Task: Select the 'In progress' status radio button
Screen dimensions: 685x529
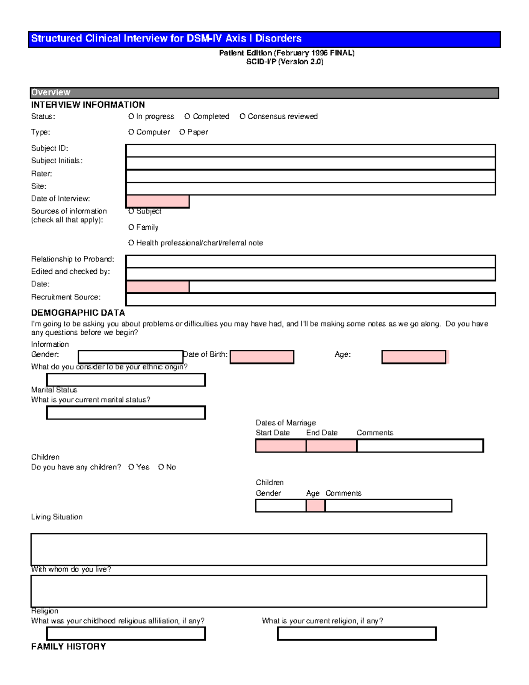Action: point(131,116)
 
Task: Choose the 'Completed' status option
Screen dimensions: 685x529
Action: point(187,116)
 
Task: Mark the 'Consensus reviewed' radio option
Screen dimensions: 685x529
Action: point(242,116)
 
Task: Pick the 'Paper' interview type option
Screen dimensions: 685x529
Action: point(182,132)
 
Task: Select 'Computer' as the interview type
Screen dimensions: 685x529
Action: point(131,132)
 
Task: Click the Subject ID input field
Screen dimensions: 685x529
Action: point(310,150)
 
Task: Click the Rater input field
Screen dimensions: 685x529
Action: point(310,176)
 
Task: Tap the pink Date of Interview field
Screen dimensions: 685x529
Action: point(158,201)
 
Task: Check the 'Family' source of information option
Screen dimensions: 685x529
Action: point(131,227)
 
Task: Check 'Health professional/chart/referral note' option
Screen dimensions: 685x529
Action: point(131,243)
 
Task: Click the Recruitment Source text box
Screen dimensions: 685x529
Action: point(310,299)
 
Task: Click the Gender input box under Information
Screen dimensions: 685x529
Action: point(130,356)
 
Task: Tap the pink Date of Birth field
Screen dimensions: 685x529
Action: point(262,357)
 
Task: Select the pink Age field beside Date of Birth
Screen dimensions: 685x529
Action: point(414,357)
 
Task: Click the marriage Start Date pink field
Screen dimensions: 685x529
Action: point(281,446)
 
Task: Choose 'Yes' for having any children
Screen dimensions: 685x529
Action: point(131,467)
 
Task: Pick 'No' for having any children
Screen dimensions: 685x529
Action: point(161,467)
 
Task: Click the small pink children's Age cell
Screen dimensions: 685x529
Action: point(316,505)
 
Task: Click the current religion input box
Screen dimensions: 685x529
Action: point(357,633)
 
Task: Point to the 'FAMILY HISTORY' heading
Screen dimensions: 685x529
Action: point(68,647)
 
